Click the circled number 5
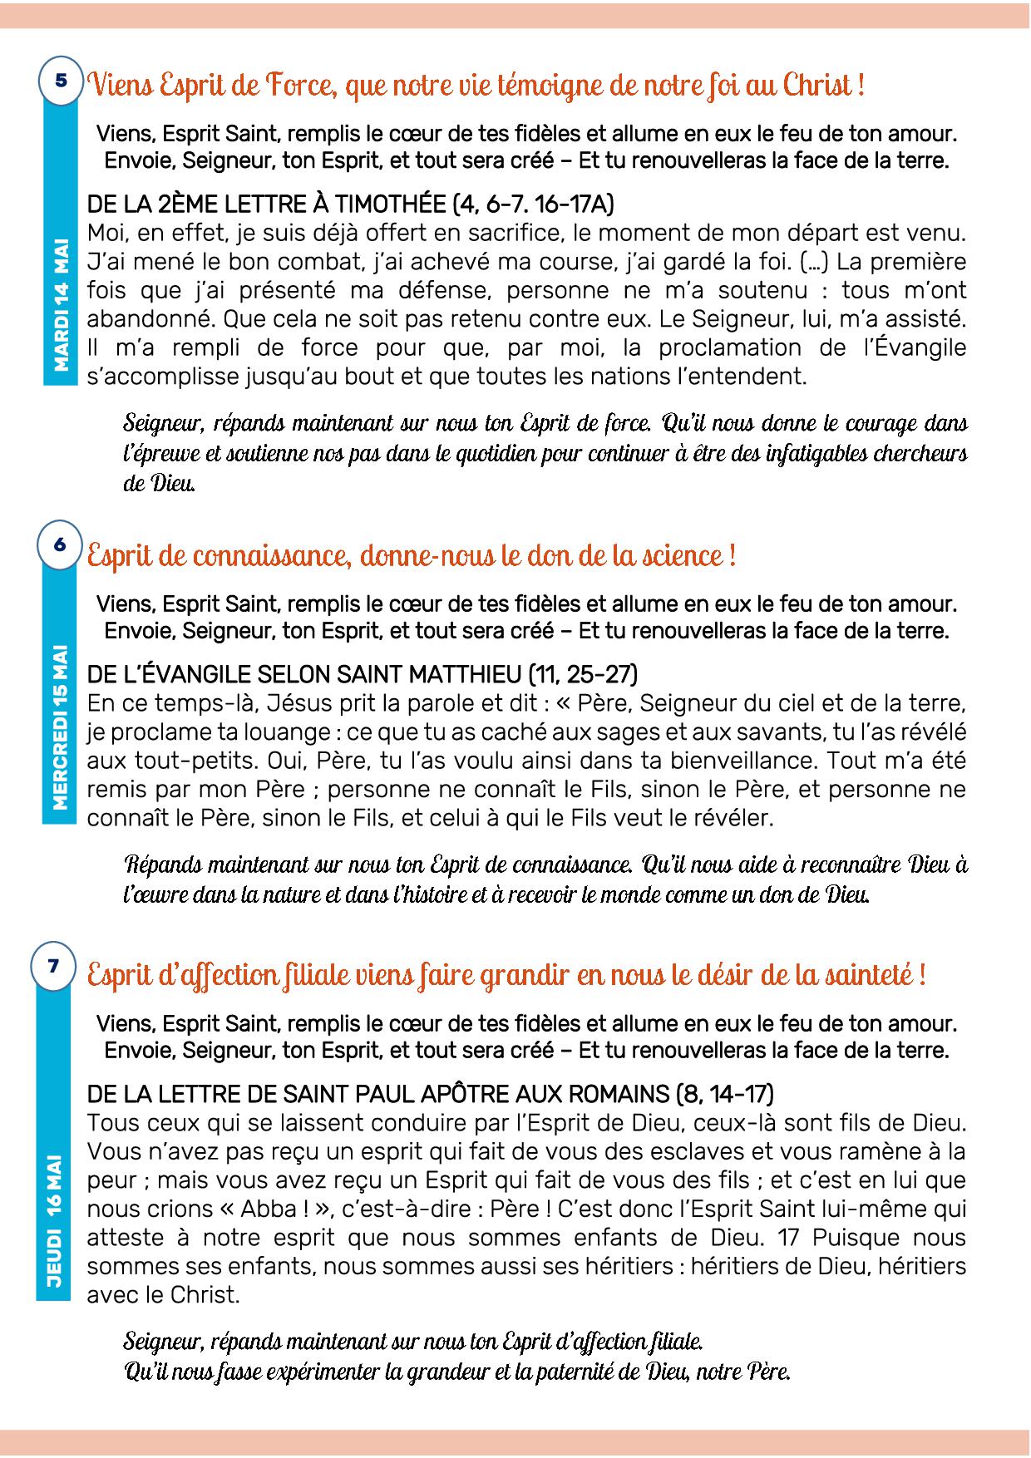61,81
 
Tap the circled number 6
59,544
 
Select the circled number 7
54,965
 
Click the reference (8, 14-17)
726,1093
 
